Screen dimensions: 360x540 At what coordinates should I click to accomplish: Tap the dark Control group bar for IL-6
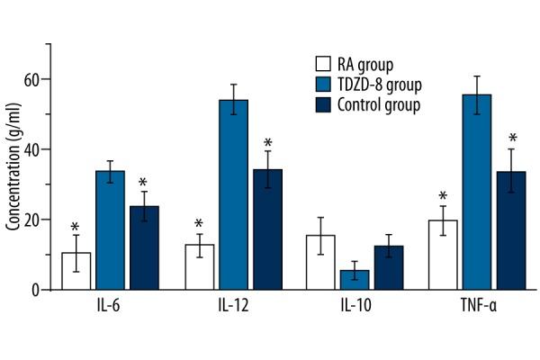(144, 247)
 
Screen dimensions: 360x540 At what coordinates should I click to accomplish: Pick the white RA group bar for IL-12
(199, 267)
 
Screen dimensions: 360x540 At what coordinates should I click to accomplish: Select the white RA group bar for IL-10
(320, 262)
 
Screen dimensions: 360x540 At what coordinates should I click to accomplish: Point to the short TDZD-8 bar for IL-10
(355, 280)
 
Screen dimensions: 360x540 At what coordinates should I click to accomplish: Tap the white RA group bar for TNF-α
(443, 255)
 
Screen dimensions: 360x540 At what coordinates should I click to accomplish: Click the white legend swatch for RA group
(320, 64)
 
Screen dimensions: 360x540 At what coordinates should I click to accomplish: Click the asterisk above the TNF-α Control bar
(512, 139)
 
